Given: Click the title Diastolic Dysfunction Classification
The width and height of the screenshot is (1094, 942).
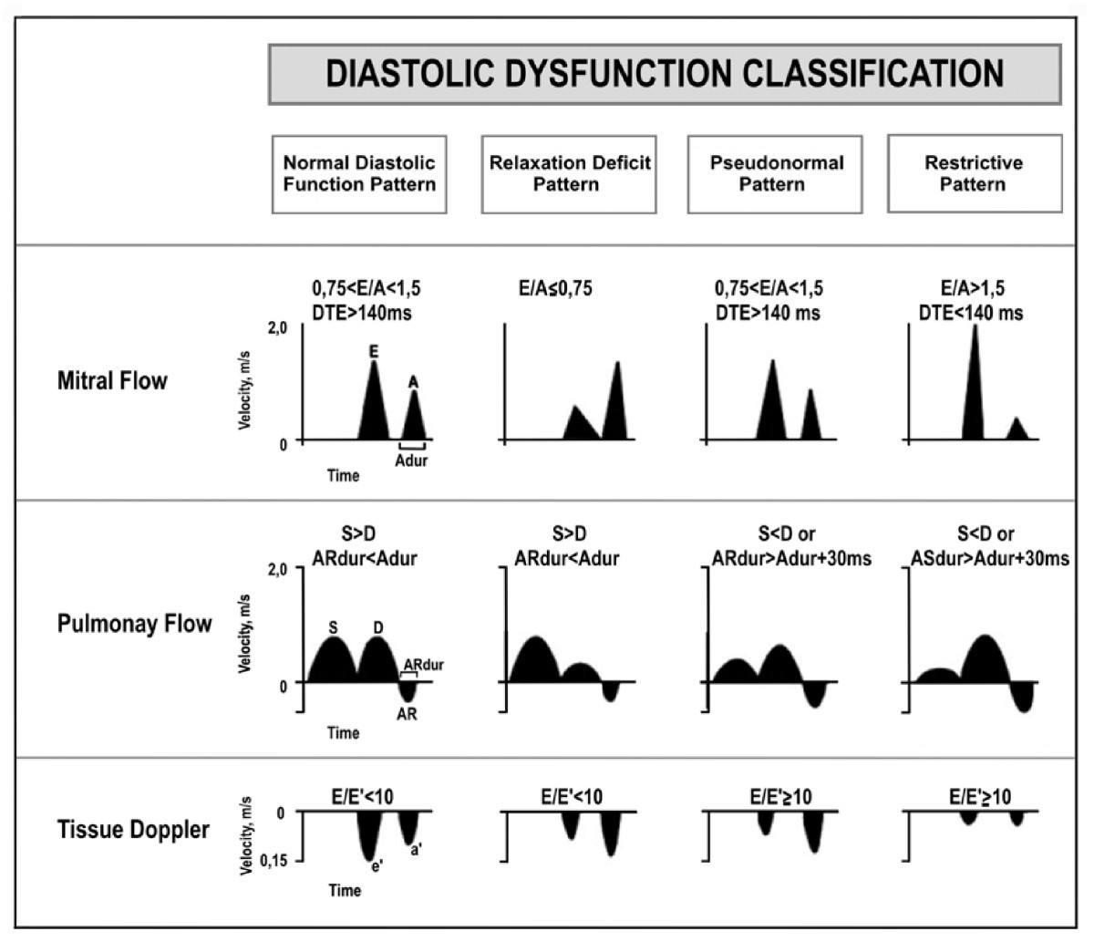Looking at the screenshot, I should pyautogui.click(x=665, y=74).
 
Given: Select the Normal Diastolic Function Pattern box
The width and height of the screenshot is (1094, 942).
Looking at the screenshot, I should pyautogui.click(x=359, y=173).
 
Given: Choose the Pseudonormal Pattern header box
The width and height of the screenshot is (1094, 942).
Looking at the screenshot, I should pyautogui.click(x=776, y=173).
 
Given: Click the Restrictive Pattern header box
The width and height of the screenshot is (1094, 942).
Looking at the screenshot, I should pyautogui.click(x=974, y=173).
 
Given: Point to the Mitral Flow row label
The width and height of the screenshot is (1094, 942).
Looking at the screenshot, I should pyautogui.click(x=112, y=380).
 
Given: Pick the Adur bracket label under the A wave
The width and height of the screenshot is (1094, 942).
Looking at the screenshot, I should pyautogui.click(x=411, y=461).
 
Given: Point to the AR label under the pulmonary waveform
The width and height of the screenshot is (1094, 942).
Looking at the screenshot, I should pyautogui.click(x=407, y=714).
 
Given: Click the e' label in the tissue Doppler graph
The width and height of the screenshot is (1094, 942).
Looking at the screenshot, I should pyautogui.click(x=375, y=867).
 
